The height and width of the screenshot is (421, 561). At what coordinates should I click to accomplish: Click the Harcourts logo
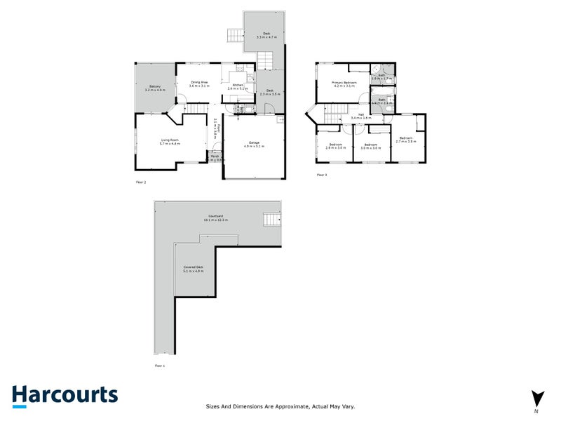65,395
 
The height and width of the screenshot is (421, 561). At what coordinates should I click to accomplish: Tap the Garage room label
254,145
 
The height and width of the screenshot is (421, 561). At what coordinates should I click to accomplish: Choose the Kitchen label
238,87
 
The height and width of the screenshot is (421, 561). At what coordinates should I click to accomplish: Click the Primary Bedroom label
344,84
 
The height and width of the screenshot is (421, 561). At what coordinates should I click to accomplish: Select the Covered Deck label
194,269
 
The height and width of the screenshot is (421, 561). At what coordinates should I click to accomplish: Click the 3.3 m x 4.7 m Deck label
266,35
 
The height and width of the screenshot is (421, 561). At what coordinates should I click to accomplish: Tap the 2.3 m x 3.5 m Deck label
270,92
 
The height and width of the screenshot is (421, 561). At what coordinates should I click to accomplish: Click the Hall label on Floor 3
361,116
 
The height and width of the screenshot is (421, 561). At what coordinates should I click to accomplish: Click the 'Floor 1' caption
161,366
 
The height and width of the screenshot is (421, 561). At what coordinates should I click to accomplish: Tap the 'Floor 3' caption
322,175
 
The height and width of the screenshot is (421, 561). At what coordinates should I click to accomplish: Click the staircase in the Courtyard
270,220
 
